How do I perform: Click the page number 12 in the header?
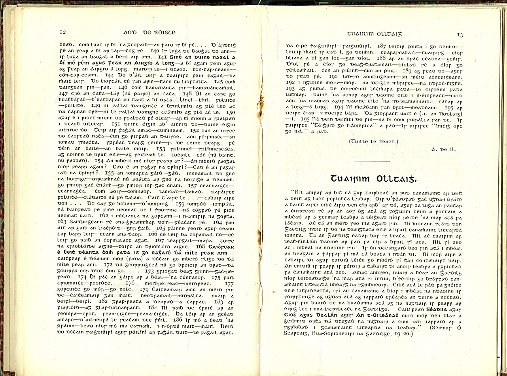(x=62, y=32)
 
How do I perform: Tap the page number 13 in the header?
(x=460, y=35)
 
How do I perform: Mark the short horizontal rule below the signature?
(x=372, y=161)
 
